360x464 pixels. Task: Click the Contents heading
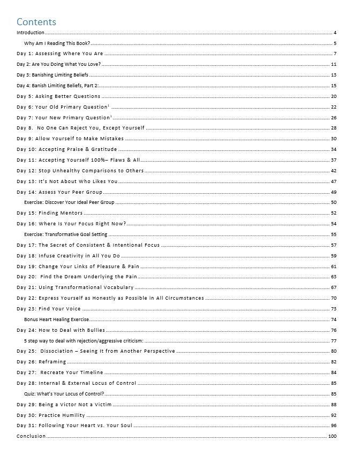(x=36, y=22)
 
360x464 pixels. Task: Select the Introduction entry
(x=31, y=33)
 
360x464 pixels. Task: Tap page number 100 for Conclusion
(x=332, y=436)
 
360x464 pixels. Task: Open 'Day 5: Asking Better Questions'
(x=58, y=96)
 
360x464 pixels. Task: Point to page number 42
(x=333, y=171)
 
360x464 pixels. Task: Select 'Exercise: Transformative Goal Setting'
(x=65, y=234)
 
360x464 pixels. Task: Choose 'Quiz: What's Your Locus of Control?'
(x=64, y=394)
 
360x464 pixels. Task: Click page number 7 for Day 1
(x=335, y=54)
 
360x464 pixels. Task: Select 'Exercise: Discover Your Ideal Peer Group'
(x=69, y=202)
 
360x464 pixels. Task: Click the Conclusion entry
(x=31, y=436)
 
